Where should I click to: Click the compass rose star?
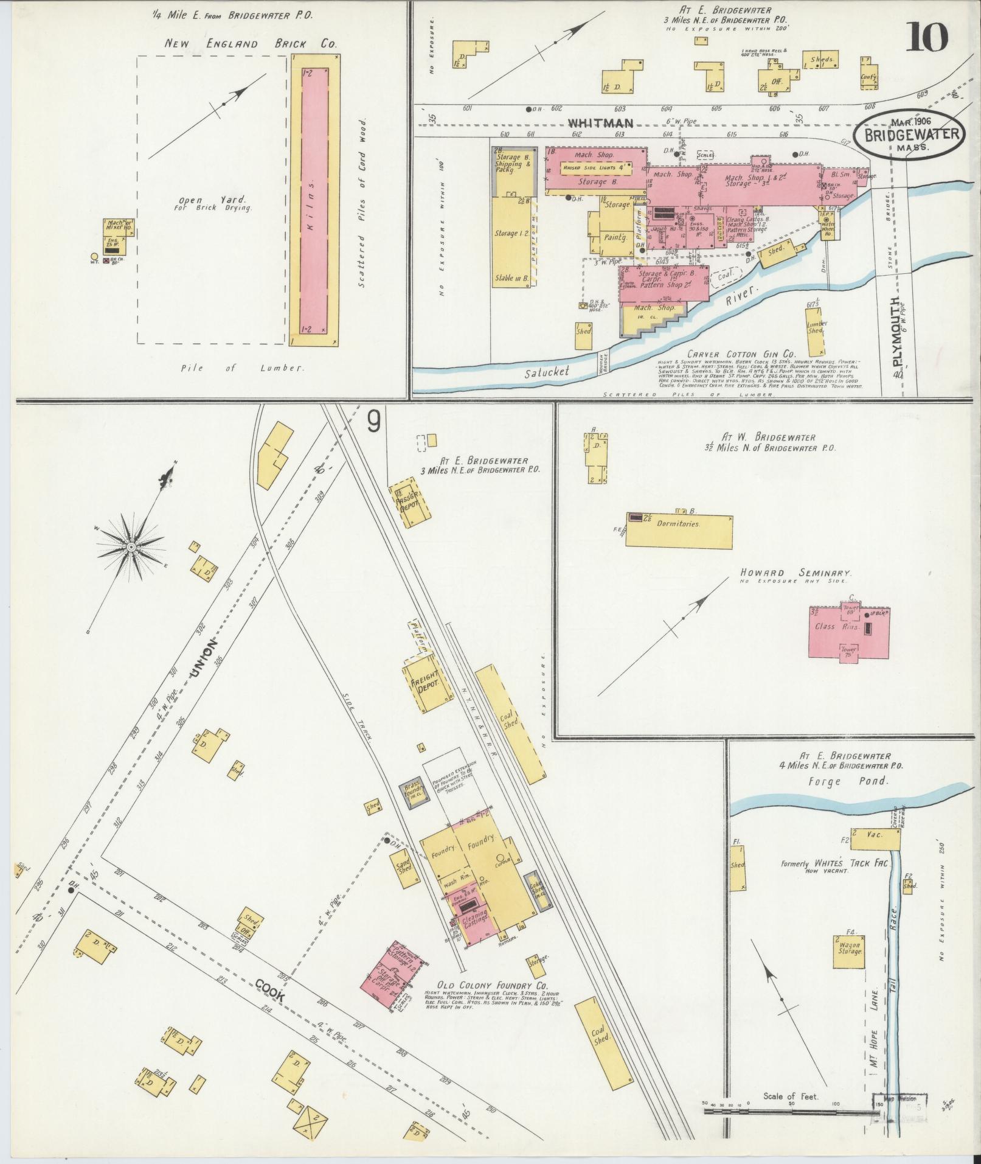[x=131, y=548]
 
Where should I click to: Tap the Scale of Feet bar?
[x=791, y=1112]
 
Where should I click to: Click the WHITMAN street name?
[x=593, y=123]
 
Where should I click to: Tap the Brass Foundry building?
[x=413, y=792]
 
